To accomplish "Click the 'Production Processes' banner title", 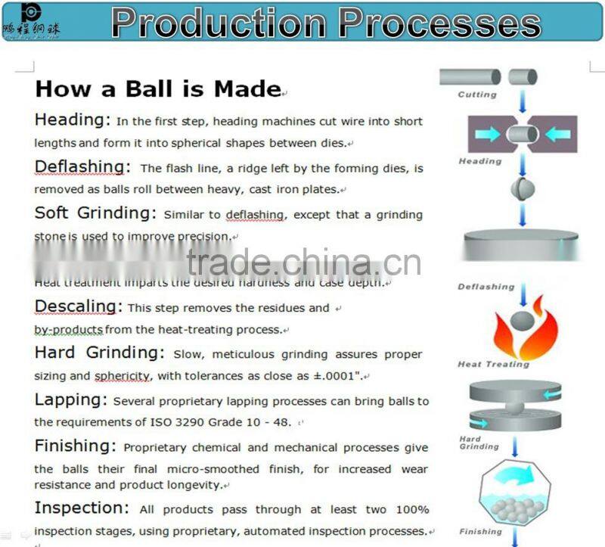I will click(326, 23).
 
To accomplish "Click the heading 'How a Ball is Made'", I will click(158, 89).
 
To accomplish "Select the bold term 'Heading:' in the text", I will click(73, 120).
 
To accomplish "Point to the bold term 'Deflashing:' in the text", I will click(82, 166).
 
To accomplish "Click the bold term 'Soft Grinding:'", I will click(95, 213).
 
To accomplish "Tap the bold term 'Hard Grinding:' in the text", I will click(99, 353).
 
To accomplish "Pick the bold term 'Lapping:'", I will click(71, 399).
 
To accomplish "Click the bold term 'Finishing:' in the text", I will click(76, 446).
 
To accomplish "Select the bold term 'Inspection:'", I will click(82, 508).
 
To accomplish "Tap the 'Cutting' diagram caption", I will click(477, 95).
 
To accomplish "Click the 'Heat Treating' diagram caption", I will click(493, 364).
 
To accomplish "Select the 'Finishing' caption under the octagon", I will click(480, 531).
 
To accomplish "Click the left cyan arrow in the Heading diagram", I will click(487, 135).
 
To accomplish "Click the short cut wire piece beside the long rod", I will click(522, 76).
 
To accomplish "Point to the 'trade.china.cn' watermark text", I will click(303, 264).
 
